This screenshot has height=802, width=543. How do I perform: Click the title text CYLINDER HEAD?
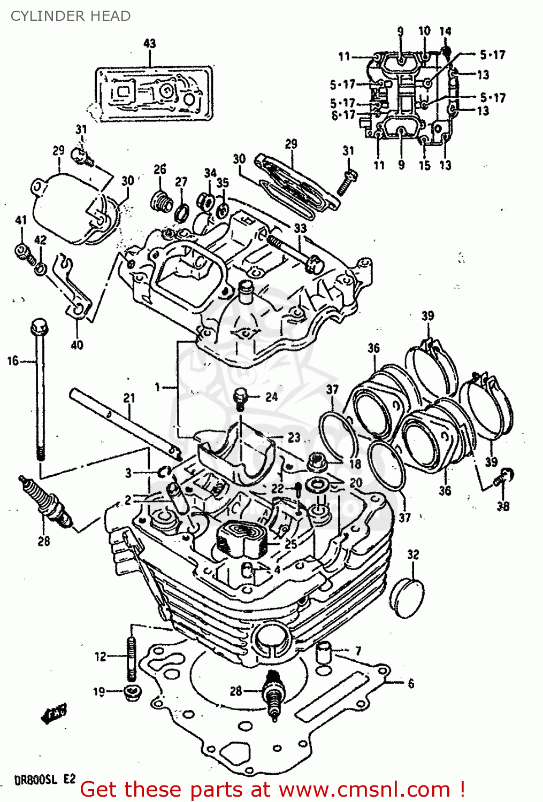(x=71, y=16)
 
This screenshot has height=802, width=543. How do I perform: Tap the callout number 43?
(x=150, y=43)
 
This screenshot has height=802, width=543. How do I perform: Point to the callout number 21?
(x=129, y=398)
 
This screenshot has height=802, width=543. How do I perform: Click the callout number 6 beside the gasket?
(x=411, y=683)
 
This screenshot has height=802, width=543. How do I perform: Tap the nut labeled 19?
(x=131, y=692)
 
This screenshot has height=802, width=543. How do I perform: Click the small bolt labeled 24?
(x=241, y=398)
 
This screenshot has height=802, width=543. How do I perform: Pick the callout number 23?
(x=294, y=437)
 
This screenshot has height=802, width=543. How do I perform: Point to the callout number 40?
(x=77, y=345)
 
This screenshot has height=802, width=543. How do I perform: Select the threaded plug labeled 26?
(x=161, y=200)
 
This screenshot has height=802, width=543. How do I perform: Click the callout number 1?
(x=157, y=386)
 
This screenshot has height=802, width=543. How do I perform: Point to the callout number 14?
(x=445, y=32)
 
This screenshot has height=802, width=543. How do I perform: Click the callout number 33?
(x=300, y=228)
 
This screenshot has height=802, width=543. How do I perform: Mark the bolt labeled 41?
(x=22, y=249)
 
